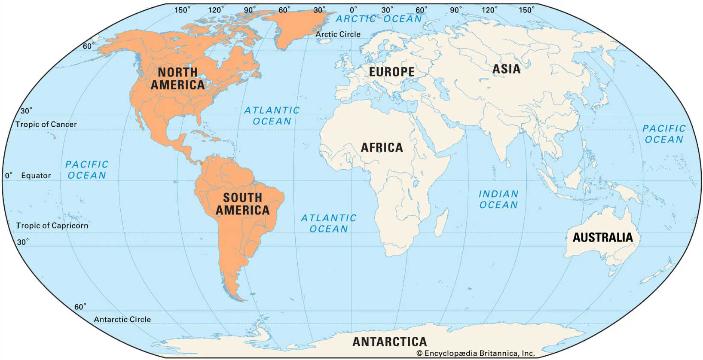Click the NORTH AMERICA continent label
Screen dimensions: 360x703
click(x=177, y=79)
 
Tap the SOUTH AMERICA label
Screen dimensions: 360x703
click(x=242, y=204)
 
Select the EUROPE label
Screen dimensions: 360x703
click(x=391, y=72)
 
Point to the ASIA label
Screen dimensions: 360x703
click(x=506, y=69)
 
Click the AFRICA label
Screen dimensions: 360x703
click(x=382, y=148)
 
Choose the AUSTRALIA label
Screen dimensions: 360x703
click(x=602, y=238)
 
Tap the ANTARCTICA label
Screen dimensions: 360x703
click(x=389, y=342)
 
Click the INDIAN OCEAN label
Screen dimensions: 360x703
click(x=498, y=200)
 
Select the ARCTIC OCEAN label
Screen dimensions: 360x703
click(x=379, y=19)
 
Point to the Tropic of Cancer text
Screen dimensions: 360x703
click(x=46, y=125)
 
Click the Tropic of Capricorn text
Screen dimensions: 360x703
click(x=52, y=226)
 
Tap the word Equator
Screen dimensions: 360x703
click(x=36, y=176)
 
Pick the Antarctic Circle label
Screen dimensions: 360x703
click(x=122, y=320)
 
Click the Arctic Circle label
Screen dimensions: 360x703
click(x=338, y=34)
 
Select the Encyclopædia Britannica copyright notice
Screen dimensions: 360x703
click(x=476, y=354)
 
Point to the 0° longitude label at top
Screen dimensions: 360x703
click(x=353, y=9)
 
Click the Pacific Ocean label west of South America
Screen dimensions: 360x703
click(x=86, y=170)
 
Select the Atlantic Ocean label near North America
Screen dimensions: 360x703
click(x=272, y=116)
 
